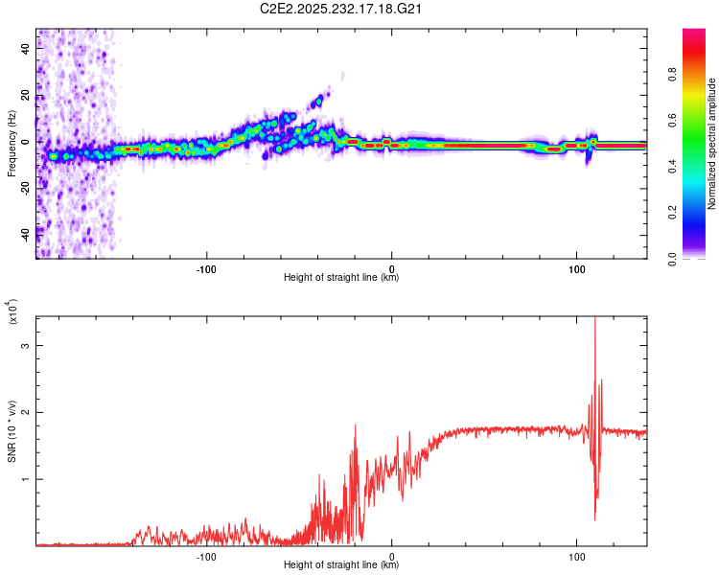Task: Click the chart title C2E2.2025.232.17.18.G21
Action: (342, 9)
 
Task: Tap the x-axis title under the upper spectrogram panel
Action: (341, 278)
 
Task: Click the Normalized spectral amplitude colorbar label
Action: (712, 144)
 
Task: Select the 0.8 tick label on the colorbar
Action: (700, 75)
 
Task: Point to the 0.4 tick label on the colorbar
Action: (700, 167)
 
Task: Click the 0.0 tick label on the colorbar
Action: (700, 257)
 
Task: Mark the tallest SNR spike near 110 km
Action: (595, 320)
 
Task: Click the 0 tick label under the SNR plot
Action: (392, 555)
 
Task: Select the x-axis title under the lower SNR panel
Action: (341, 565)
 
